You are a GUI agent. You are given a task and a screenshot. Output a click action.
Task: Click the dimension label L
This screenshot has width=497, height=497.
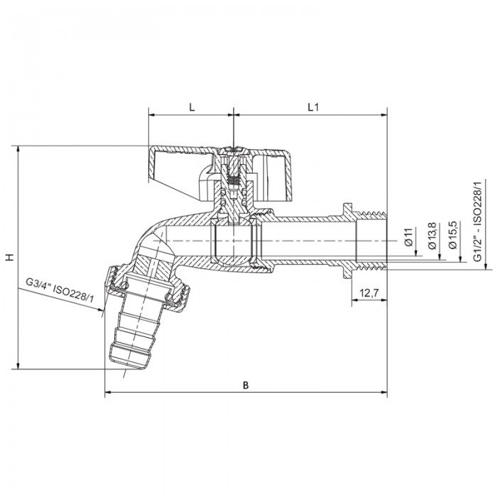click(x=191, y=106)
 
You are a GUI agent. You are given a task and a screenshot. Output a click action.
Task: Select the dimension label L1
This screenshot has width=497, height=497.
click(x=312, y=106)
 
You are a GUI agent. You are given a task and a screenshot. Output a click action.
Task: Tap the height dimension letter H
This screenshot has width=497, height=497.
click(x=9, y=257)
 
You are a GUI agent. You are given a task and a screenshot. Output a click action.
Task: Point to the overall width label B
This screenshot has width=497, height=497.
click(x=246, y=385)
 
